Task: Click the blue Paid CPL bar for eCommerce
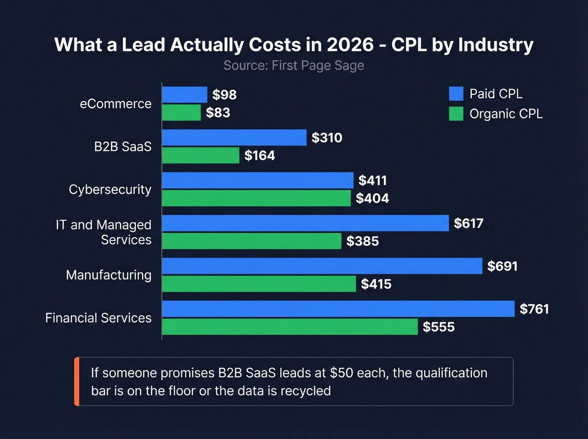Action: click(x=184, y=95)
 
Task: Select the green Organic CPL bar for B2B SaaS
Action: click(x=200, y=155)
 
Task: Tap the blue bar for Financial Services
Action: click(x=338, y=309)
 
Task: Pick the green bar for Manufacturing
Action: click(x=259, y=284)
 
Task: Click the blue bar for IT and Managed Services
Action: click(x=305, y=223)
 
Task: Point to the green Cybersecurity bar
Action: click(x=256, y=198)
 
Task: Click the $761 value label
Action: click(x=534, y=309)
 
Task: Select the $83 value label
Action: click(x=218, y=113)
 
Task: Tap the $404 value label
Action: click(x=372, y=198)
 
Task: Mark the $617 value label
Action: click(x=468, y=223)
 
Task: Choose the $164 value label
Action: click(x=260, y=155)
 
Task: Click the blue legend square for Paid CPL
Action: click(x=456, y=94)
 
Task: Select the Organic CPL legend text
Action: click(x=506, y=114)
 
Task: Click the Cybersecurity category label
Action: click(x=110, y=189)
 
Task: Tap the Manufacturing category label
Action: click(x=109, y=275)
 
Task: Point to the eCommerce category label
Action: click(x=115, y=104)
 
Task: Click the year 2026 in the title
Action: click(x=350, y=45)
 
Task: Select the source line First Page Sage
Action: click(x=294, y=66)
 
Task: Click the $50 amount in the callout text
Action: click(x=341, y=373)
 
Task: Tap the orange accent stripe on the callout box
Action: click(x=77, y=381)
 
